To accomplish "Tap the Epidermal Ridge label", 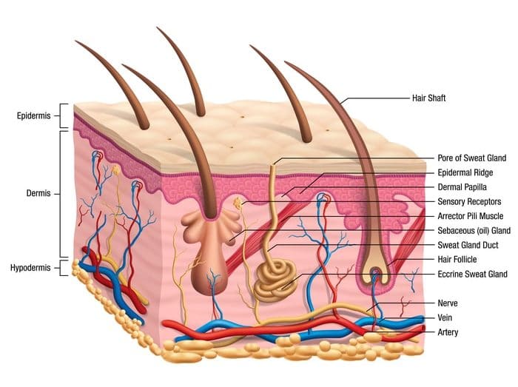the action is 464,172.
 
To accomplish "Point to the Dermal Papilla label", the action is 463,187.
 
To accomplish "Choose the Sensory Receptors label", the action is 468,201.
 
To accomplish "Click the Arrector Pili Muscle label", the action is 471,216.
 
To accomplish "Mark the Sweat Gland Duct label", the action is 465,245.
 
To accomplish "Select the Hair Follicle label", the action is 458,259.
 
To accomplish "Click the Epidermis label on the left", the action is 33,116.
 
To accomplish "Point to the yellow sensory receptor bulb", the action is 238,201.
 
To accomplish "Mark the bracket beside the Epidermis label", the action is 65,116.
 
